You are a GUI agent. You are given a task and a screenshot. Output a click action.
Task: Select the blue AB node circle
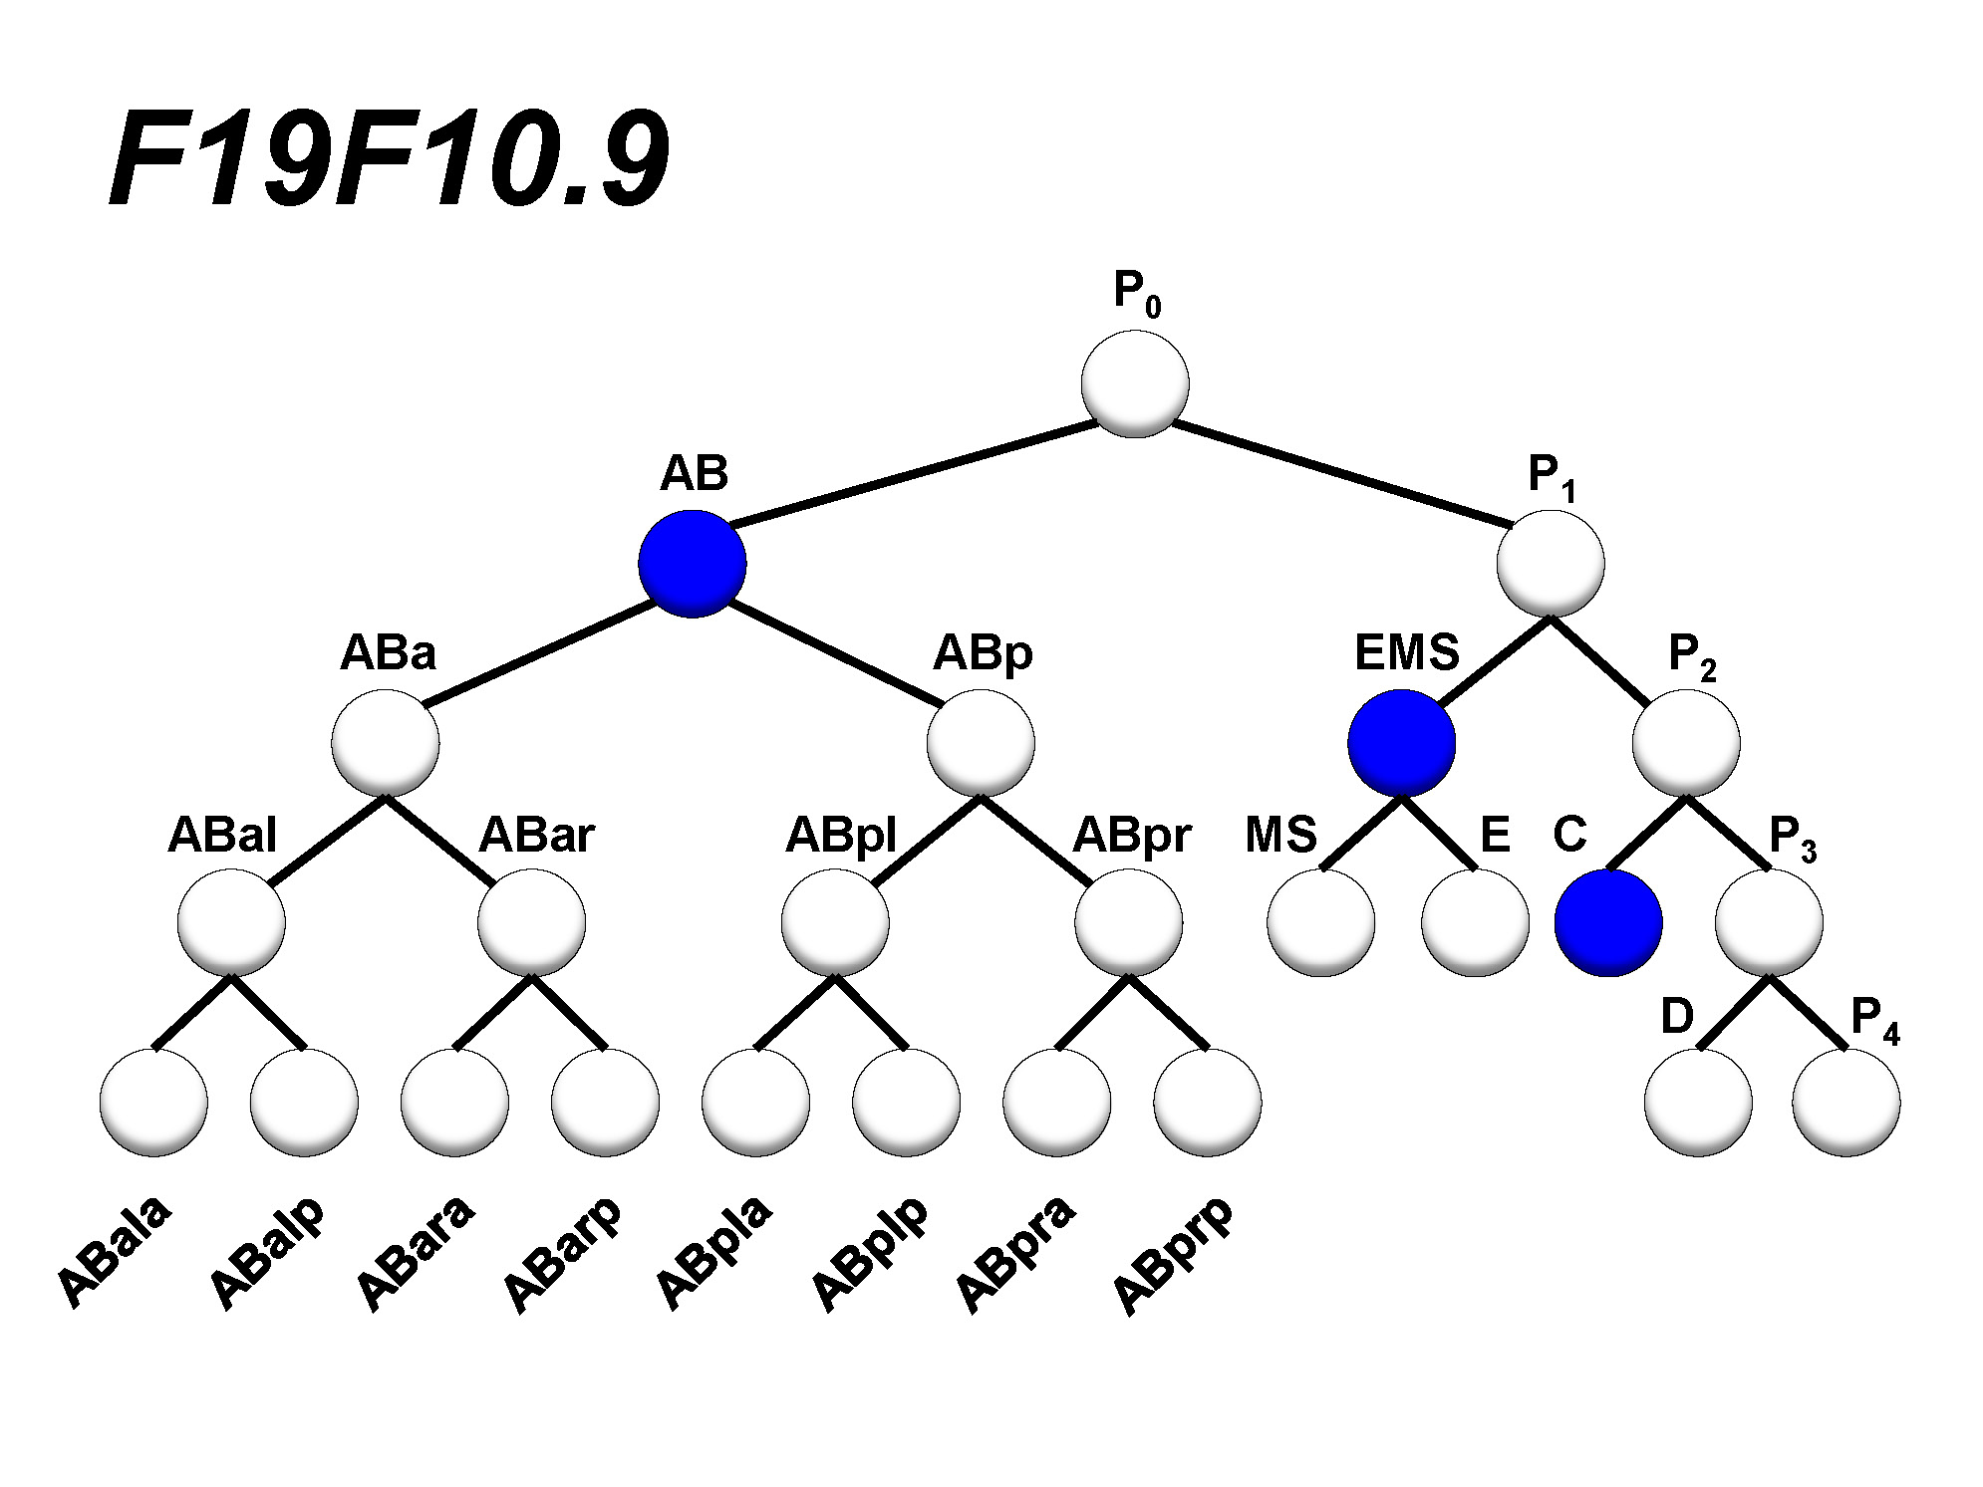692,564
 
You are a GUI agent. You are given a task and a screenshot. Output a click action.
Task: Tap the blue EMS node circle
1401,743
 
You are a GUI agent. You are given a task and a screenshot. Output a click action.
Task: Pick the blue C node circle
1608,923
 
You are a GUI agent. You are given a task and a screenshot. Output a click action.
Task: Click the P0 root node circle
1135,383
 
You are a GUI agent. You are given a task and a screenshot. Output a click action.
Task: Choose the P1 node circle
1551,564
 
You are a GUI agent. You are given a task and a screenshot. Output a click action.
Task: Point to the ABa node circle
386,743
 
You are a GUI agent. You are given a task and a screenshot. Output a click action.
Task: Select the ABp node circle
981,743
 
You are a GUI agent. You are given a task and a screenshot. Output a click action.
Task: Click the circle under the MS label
1321,923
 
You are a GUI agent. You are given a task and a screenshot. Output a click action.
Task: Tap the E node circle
1475,923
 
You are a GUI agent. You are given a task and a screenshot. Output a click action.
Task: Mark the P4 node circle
1845,1103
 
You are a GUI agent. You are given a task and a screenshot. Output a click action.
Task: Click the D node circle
1698,1103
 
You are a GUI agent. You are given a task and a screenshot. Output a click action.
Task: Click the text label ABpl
841,835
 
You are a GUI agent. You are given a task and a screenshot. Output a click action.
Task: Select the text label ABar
536,835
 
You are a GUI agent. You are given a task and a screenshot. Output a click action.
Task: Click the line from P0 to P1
1340,473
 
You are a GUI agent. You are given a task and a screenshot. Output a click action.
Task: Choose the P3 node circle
1769,923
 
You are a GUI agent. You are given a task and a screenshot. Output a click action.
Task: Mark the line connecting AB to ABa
538,654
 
